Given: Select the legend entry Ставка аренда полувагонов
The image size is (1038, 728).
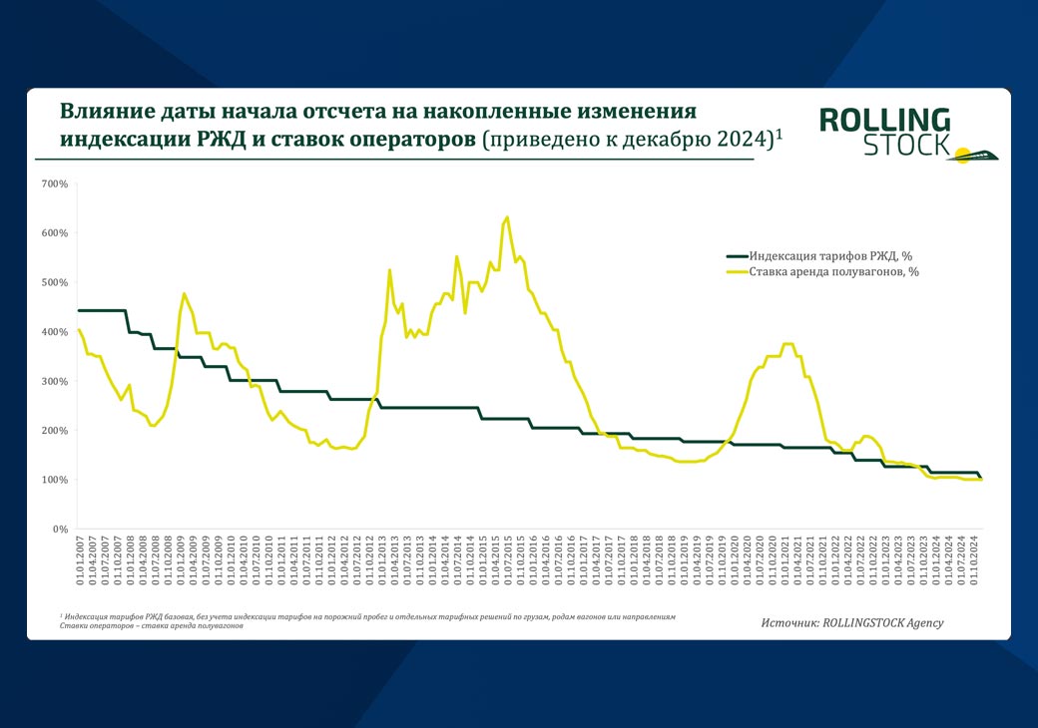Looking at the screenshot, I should click(x=833, y=270).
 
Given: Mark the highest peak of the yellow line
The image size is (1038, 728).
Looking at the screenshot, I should click(x=507, y=217).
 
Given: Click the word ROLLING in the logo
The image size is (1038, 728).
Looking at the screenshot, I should click(x=884, y=122).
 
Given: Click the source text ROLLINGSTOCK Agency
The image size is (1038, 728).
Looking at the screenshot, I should click(x=882, y=622).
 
